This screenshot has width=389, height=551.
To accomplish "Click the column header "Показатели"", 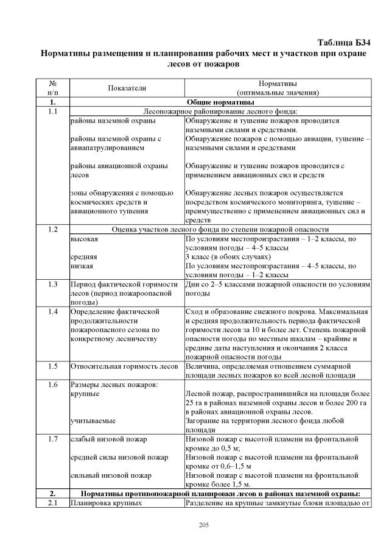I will tap(127, 88).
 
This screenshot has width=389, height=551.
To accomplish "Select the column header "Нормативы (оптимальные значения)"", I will tap(278, 88).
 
